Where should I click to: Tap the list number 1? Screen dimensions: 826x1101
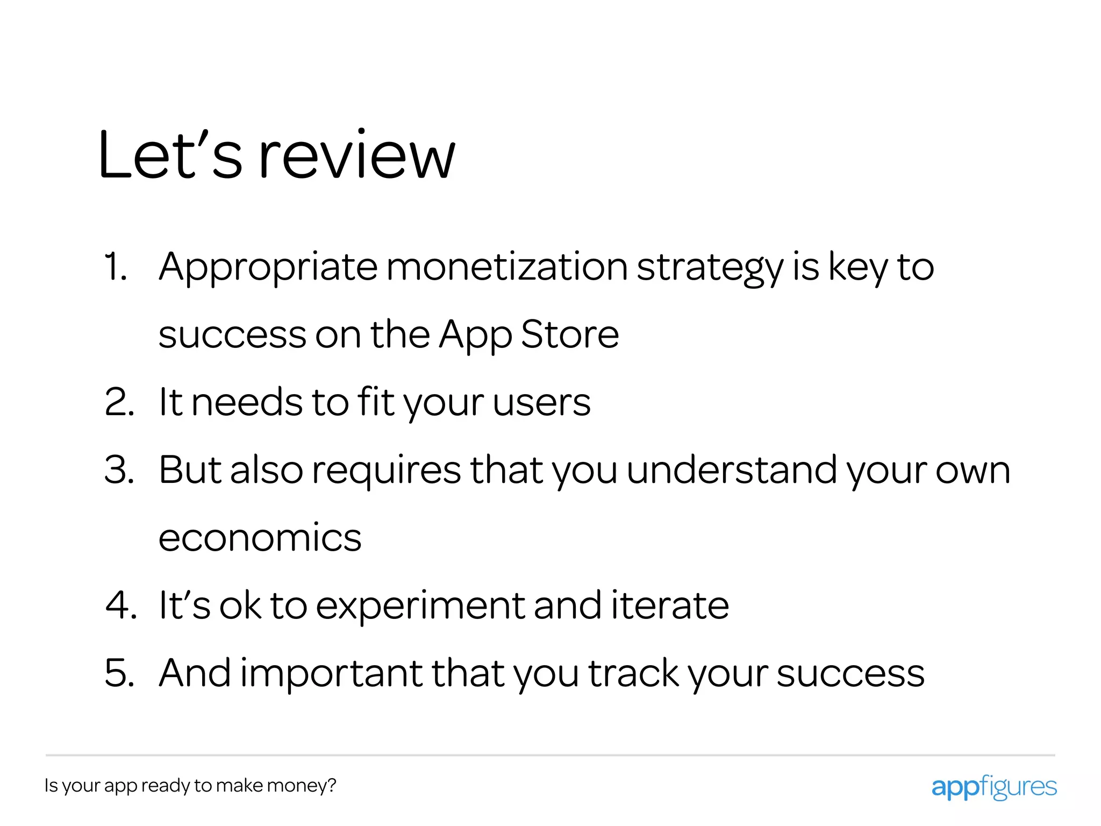pyautogui.click(x=115, y=267)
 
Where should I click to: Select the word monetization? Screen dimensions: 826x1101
pyautogui.click(x=506, y=267)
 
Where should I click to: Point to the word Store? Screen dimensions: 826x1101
pyautogui.click(x=570, y=334)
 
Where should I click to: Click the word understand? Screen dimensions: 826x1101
pyautogui.click(x=732, y=470)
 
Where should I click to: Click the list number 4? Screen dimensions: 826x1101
pyautogui.click(x=120, y=606)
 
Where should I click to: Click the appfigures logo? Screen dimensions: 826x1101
pyautogui.click(x=993, y=787)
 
